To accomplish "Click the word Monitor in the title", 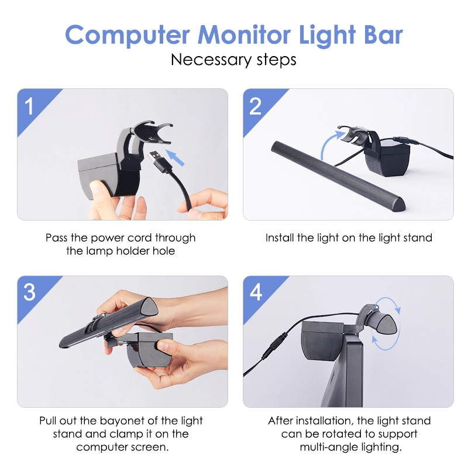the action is [x=244, y=35].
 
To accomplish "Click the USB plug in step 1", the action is [x=158, y=162].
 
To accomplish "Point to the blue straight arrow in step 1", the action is [x=174, y=157].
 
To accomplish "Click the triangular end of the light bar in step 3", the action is [x=149, y=307].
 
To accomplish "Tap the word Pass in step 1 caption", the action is [x=57, y=238].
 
